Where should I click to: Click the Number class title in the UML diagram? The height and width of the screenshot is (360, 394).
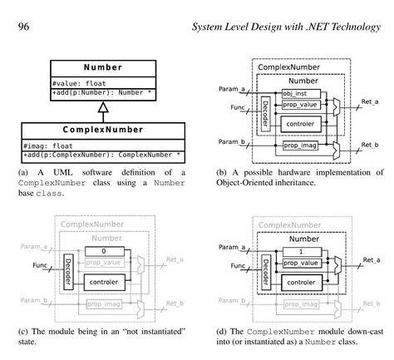click(103, 67)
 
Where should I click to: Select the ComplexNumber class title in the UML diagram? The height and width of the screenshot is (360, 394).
click(103, 130)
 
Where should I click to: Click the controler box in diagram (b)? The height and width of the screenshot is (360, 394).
click(300, 123)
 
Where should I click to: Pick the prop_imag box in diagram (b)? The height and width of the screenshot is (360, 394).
click(300, 145)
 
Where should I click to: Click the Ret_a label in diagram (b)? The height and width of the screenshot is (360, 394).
click(370, 101)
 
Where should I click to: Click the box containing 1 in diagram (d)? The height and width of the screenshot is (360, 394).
click(300, 250)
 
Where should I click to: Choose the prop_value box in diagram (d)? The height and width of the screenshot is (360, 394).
click(300, 263)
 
